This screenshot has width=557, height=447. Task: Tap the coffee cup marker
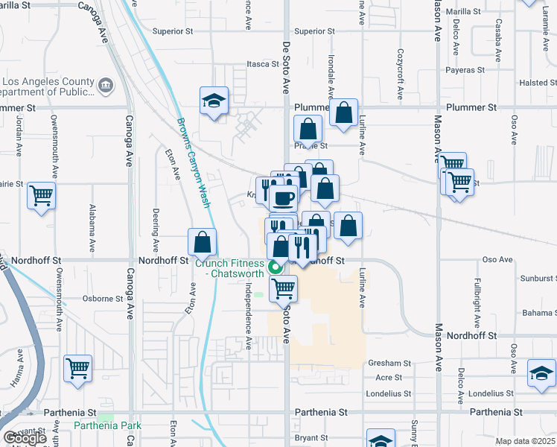[283, 197]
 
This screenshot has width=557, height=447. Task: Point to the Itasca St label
[263, 64]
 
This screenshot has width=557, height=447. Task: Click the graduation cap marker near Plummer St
[214, 101]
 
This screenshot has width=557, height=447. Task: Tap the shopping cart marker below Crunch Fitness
[283, 288]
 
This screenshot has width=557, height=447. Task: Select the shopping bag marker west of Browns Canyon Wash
[202, 242]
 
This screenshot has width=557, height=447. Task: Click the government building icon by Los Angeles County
[104, 86]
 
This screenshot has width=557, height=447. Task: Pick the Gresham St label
[389, 363]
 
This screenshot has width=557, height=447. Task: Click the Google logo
[25, 438]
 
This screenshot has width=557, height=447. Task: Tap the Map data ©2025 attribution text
[525, 441]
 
